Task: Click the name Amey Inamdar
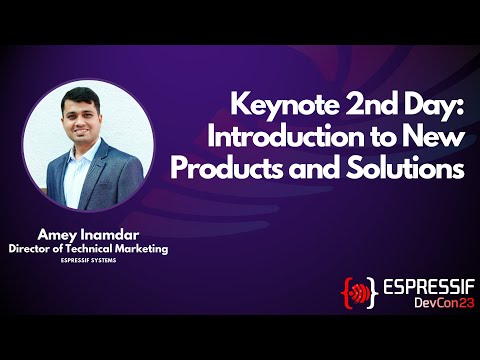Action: tap(87, 232)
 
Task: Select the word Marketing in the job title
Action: tap(137, 247)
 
